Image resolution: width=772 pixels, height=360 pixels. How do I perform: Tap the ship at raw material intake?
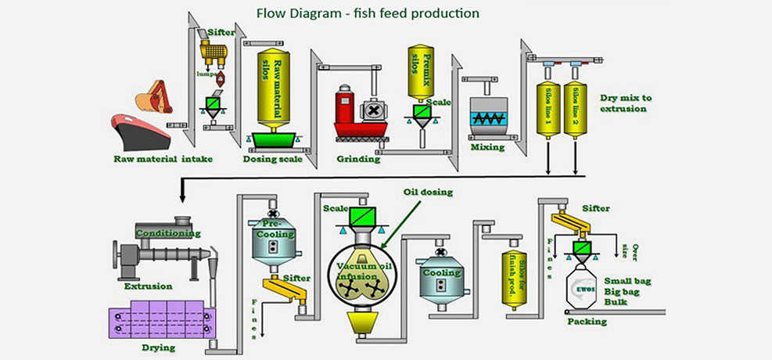tap(140, 131)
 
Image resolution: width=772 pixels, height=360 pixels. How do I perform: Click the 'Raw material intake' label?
tap(156, 159)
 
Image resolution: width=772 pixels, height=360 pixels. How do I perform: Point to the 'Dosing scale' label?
tap(273, 159)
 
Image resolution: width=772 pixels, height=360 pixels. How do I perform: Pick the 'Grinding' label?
tap(357, 159)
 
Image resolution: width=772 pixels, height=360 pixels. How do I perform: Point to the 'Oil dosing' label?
tap(428, 193)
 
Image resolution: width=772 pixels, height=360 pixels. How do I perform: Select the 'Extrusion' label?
tap(148, 286)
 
